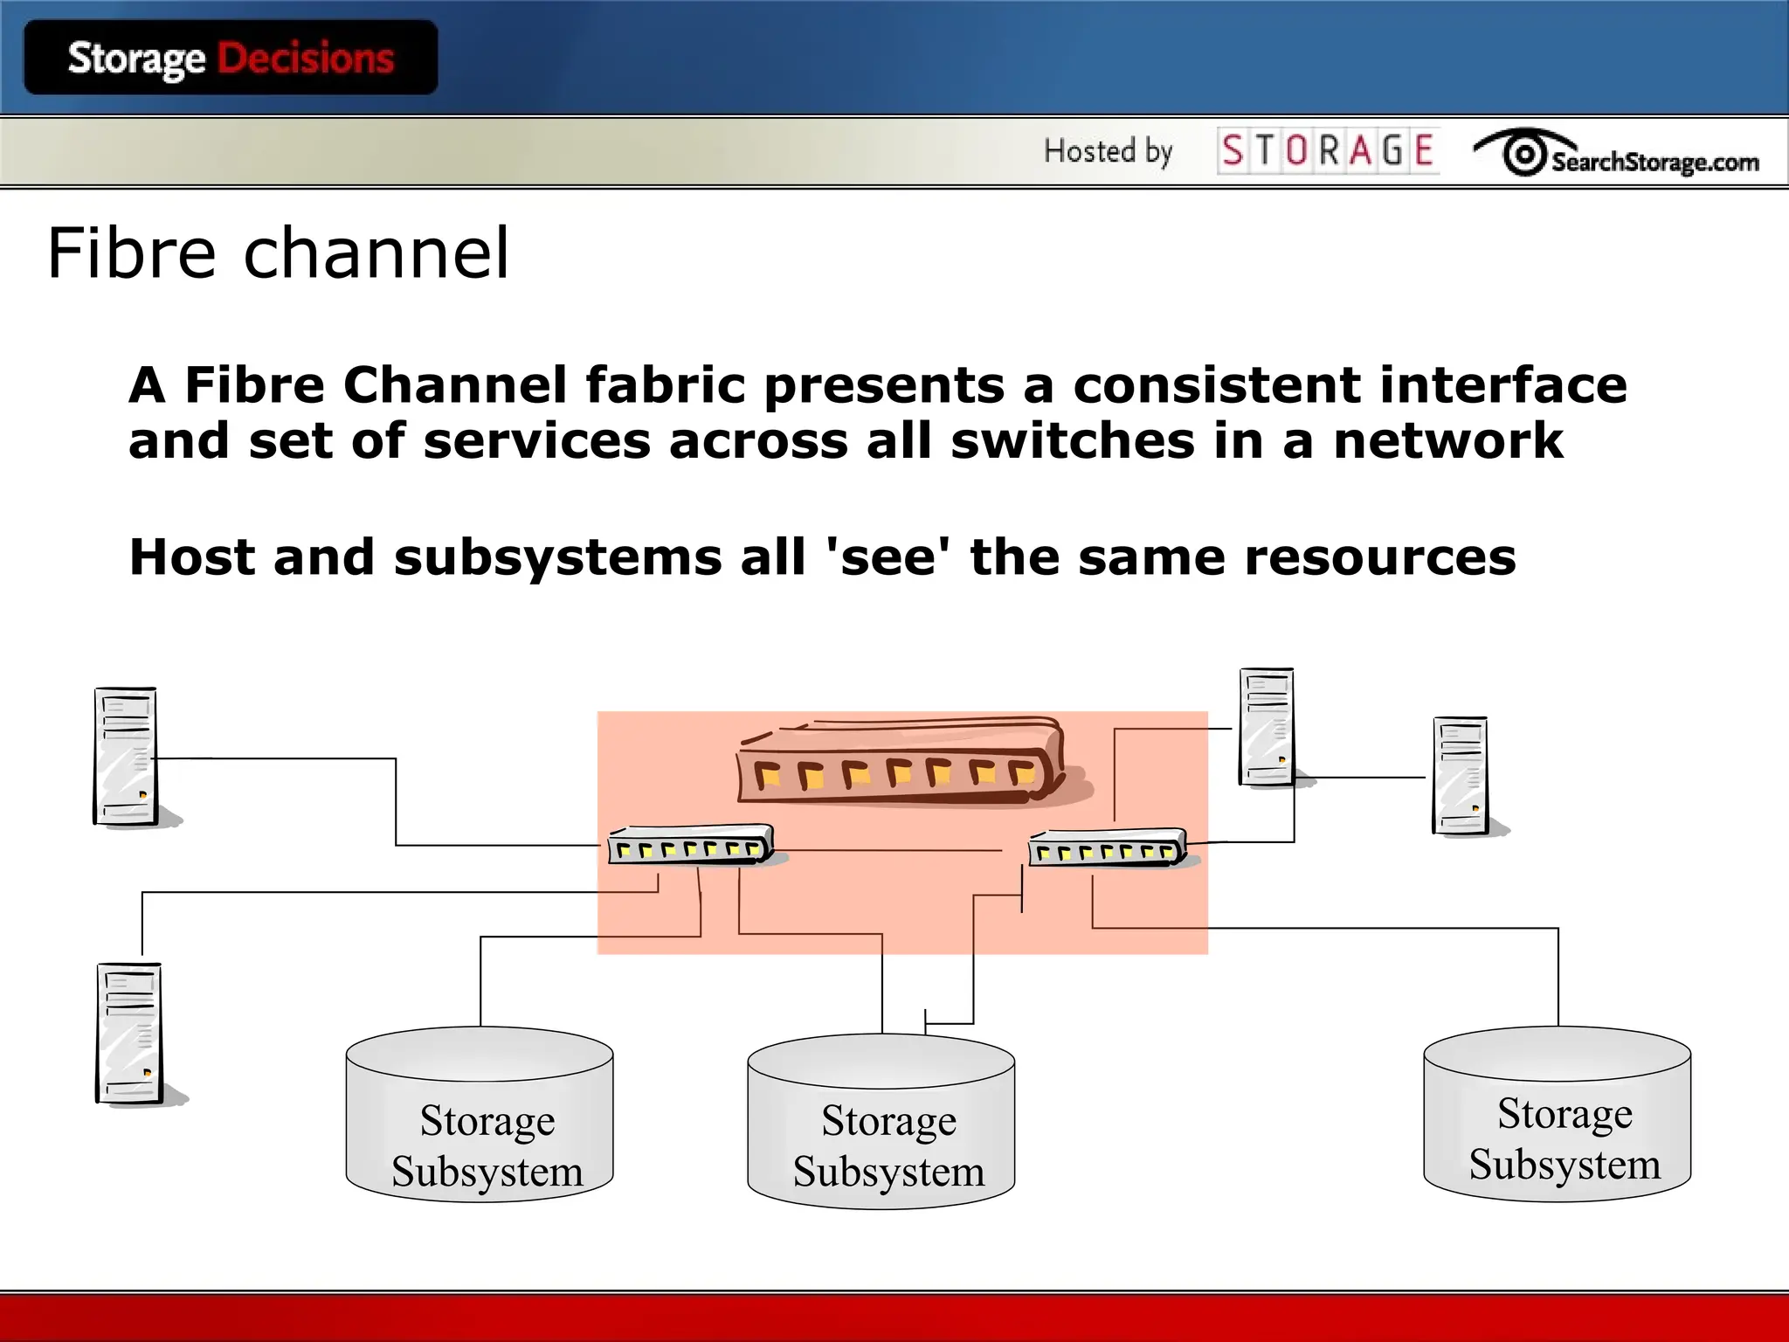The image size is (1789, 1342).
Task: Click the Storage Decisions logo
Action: point(231,59)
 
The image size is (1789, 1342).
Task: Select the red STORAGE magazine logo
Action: point(1327,150)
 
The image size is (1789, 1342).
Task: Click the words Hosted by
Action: point(1108,151)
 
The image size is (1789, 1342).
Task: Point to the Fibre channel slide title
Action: point(278,252)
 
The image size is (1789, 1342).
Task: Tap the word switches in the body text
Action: point(1073,440)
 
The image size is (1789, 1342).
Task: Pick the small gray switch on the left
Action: point(691,845)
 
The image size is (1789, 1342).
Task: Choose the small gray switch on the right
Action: point(1107,847)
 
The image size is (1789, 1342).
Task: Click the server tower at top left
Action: point(126,757)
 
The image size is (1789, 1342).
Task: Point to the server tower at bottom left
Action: point(129,1034)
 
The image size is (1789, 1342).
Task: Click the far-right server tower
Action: point(1461,776)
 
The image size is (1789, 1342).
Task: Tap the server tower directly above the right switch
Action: point(1267,727)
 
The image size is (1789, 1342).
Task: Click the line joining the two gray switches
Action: point(891,849)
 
